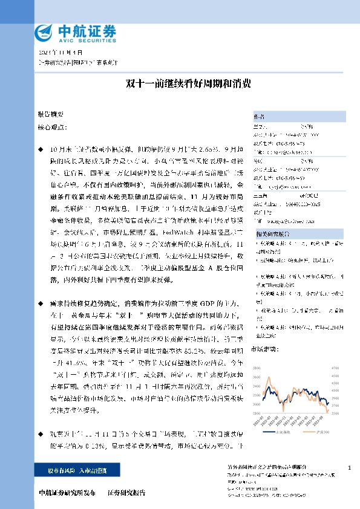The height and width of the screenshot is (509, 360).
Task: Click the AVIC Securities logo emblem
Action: click(44, 31)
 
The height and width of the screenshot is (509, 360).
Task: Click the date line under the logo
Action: click(55, 53)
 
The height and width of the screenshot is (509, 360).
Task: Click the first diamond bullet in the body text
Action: click(41, 148)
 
